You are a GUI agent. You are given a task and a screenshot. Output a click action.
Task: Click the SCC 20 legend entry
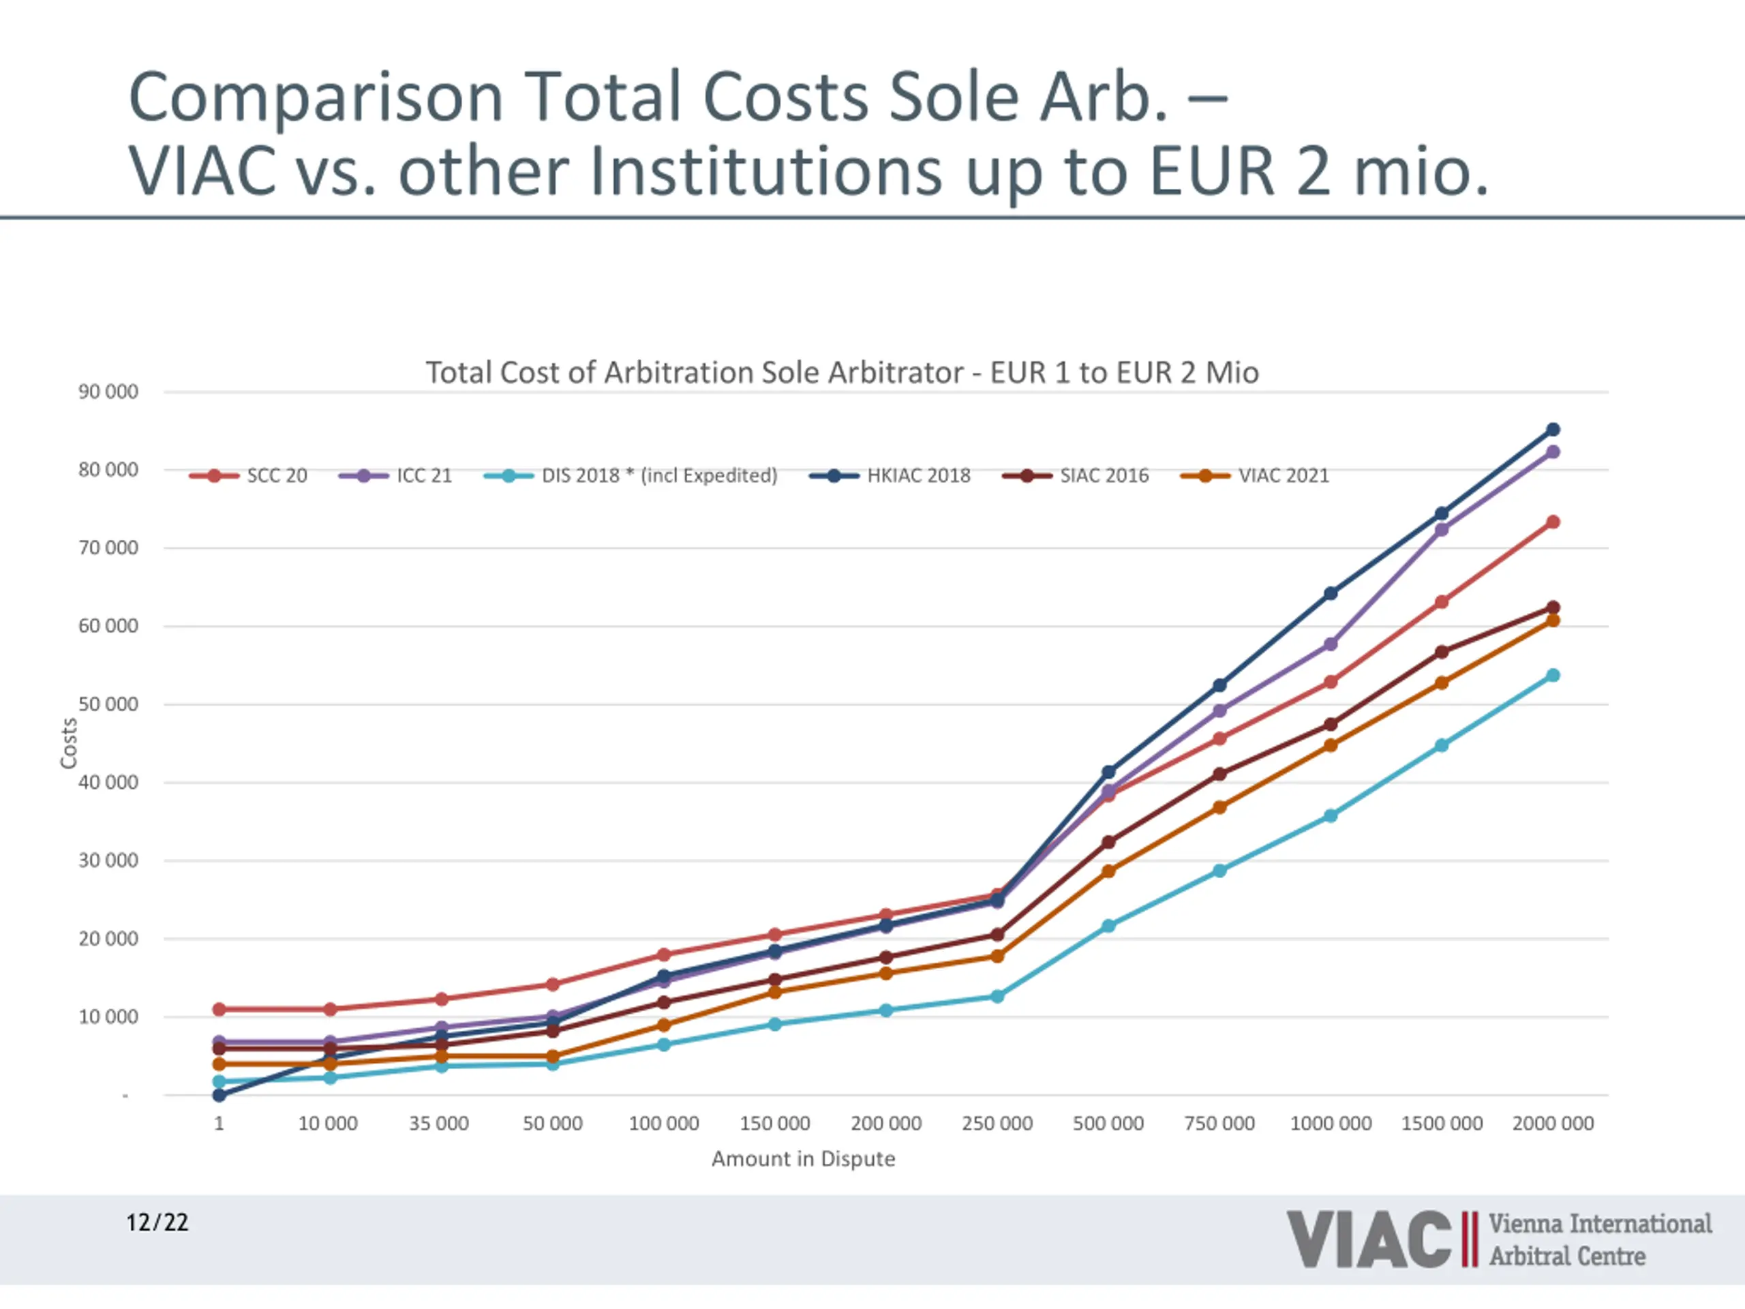[x=249, y=476]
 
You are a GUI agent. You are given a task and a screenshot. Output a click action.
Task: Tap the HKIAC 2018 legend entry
[x=891, y=476]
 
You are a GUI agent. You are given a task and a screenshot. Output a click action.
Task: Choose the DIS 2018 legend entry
[x=631, y=476]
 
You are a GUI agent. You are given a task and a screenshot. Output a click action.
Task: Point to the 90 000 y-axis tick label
[x=108, y=392]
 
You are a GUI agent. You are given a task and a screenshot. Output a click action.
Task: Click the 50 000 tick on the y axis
[x=108, y=704]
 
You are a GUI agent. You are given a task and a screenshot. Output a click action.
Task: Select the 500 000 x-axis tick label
[x=1108, y=1124]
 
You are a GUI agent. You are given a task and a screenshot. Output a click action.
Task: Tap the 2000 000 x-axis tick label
[x=1553, y=1124]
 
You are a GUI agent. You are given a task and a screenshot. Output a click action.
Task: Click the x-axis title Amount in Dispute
[x=803, y=1159]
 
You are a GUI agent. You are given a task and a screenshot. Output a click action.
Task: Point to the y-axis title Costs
[x=70, y=742]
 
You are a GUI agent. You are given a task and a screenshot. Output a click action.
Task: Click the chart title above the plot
[x=842, y=372]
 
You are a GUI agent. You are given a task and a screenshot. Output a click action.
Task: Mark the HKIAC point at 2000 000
[x=1553, y=430]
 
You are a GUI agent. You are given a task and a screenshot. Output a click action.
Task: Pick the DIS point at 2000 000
[x=1553, y=676]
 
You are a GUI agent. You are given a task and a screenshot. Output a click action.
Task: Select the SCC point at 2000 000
[x=1553, y=522]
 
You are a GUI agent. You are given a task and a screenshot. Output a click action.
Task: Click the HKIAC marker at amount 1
[x=219, y=1095]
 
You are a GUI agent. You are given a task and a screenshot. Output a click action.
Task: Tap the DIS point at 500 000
[x=1108, y=926]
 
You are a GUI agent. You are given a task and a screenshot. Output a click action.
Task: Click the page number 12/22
[x=157, y=1223]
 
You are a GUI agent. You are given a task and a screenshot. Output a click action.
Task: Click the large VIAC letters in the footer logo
[x=1369, y=1240]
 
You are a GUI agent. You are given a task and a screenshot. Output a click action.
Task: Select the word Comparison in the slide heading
[x=316, y=98]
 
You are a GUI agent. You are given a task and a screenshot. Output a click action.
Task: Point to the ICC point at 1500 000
[x=1441, y=530]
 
